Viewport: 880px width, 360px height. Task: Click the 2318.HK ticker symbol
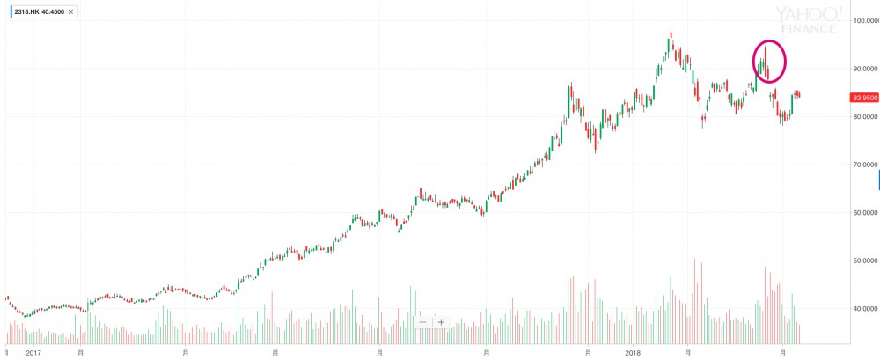(24, 11)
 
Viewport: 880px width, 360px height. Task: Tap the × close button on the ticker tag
(70, 11)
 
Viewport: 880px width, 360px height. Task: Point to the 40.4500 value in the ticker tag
(52, 11)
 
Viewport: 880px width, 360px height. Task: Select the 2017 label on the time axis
(33, 354)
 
